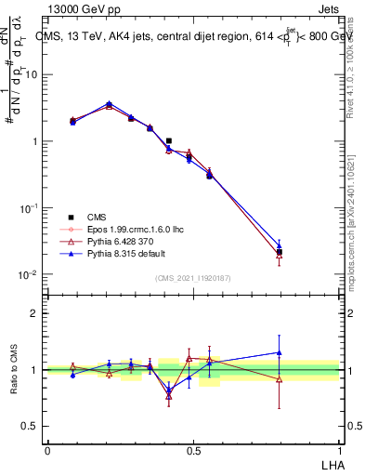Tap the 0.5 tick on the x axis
click(x=193, y=449)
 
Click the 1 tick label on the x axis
click(x=339, y=449)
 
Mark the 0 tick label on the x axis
click(x=47, y=449)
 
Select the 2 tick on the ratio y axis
click(x=37, y=313)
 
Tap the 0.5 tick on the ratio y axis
click(x=33, y=427)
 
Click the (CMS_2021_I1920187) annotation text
click(x=193, y=277)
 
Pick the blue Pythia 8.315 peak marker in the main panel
click(x=110, y=104)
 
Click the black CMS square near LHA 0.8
click(x=280, y=252)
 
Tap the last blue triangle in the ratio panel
click(x=280, y=352)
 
